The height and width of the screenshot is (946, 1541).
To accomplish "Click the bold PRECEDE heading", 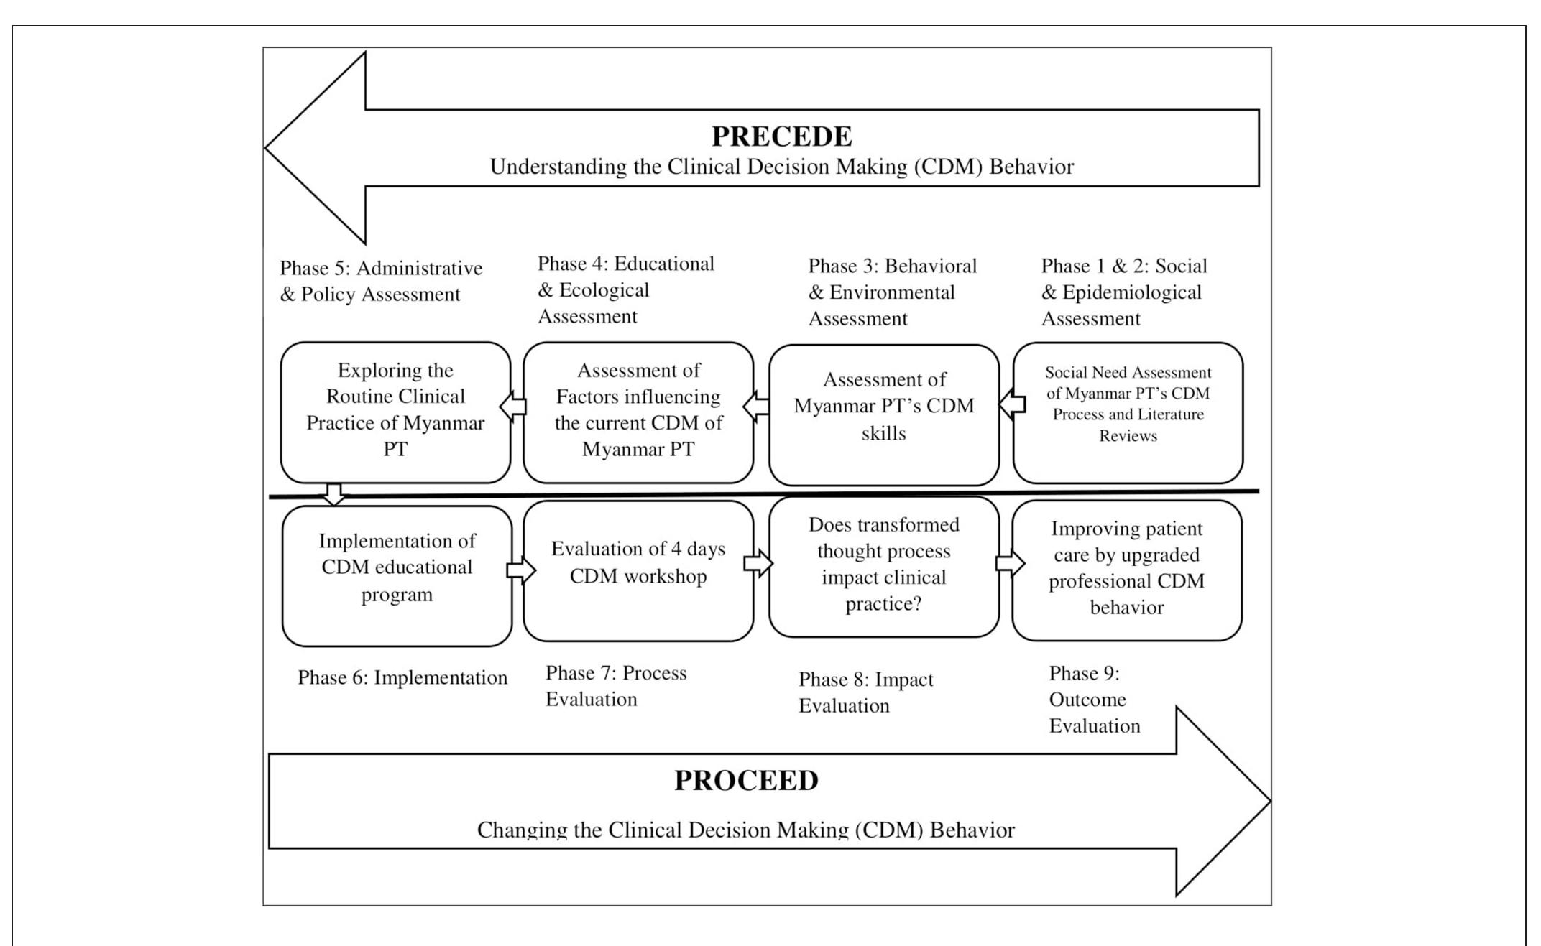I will pyautogui.click(x=781, y=136).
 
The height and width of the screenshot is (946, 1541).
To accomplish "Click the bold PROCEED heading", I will pyautogui.click(x=746, y=781).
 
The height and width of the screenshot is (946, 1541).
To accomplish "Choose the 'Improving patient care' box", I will pyautogui.click(x=1126, y=568).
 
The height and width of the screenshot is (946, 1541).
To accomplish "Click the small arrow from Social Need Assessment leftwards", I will pyautogui.click(x=1012, y=404).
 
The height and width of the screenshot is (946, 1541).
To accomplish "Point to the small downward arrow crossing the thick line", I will pyautogui.click(x=333, y=494).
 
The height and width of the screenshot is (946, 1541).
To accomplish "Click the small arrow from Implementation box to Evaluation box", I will pyautogui.click(x=521, y=570).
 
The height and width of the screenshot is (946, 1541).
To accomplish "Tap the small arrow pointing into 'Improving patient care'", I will pyautogui.click(x=1010, y=563).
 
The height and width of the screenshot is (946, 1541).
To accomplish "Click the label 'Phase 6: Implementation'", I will pyautogui.click(x=402, y=678).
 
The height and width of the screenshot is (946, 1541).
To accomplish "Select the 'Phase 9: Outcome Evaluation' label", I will pyautogui.click(x=1094, y=700).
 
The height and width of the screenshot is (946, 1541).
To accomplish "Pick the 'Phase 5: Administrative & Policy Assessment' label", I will pyautogui.click(x=381, y=281).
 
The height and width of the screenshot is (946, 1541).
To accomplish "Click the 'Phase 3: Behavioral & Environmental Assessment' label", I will pyautogui.click(x=892, y=292).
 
